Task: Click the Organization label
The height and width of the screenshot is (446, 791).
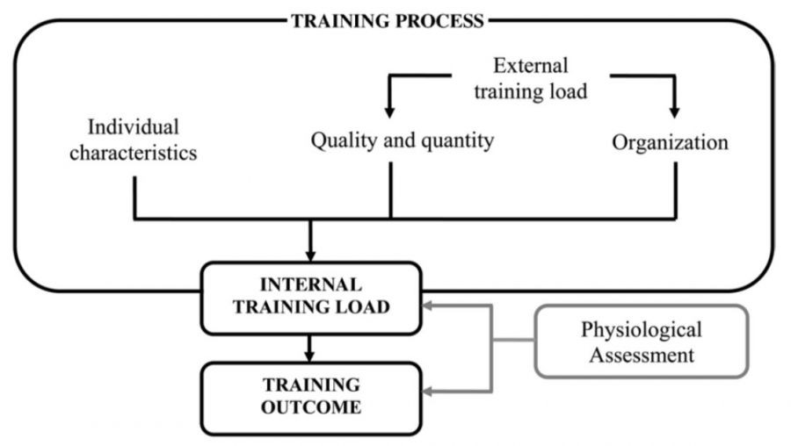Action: [671, 141]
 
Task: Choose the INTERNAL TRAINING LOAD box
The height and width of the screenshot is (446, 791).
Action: [310, 298]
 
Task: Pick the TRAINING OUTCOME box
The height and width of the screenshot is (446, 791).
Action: [310, 397]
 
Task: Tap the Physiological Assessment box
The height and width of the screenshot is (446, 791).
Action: [641, 342]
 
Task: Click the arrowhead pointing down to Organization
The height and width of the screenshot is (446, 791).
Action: [675, 113]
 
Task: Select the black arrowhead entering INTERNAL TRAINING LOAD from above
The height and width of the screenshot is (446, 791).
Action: [310, 255]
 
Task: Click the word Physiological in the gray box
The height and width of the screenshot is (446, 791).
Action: [641, 330]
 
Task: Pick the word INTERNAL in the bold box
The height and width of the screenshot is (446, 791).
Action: [310, 285]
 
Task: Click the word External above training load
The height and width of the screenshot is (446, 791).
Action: [530, 66]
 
